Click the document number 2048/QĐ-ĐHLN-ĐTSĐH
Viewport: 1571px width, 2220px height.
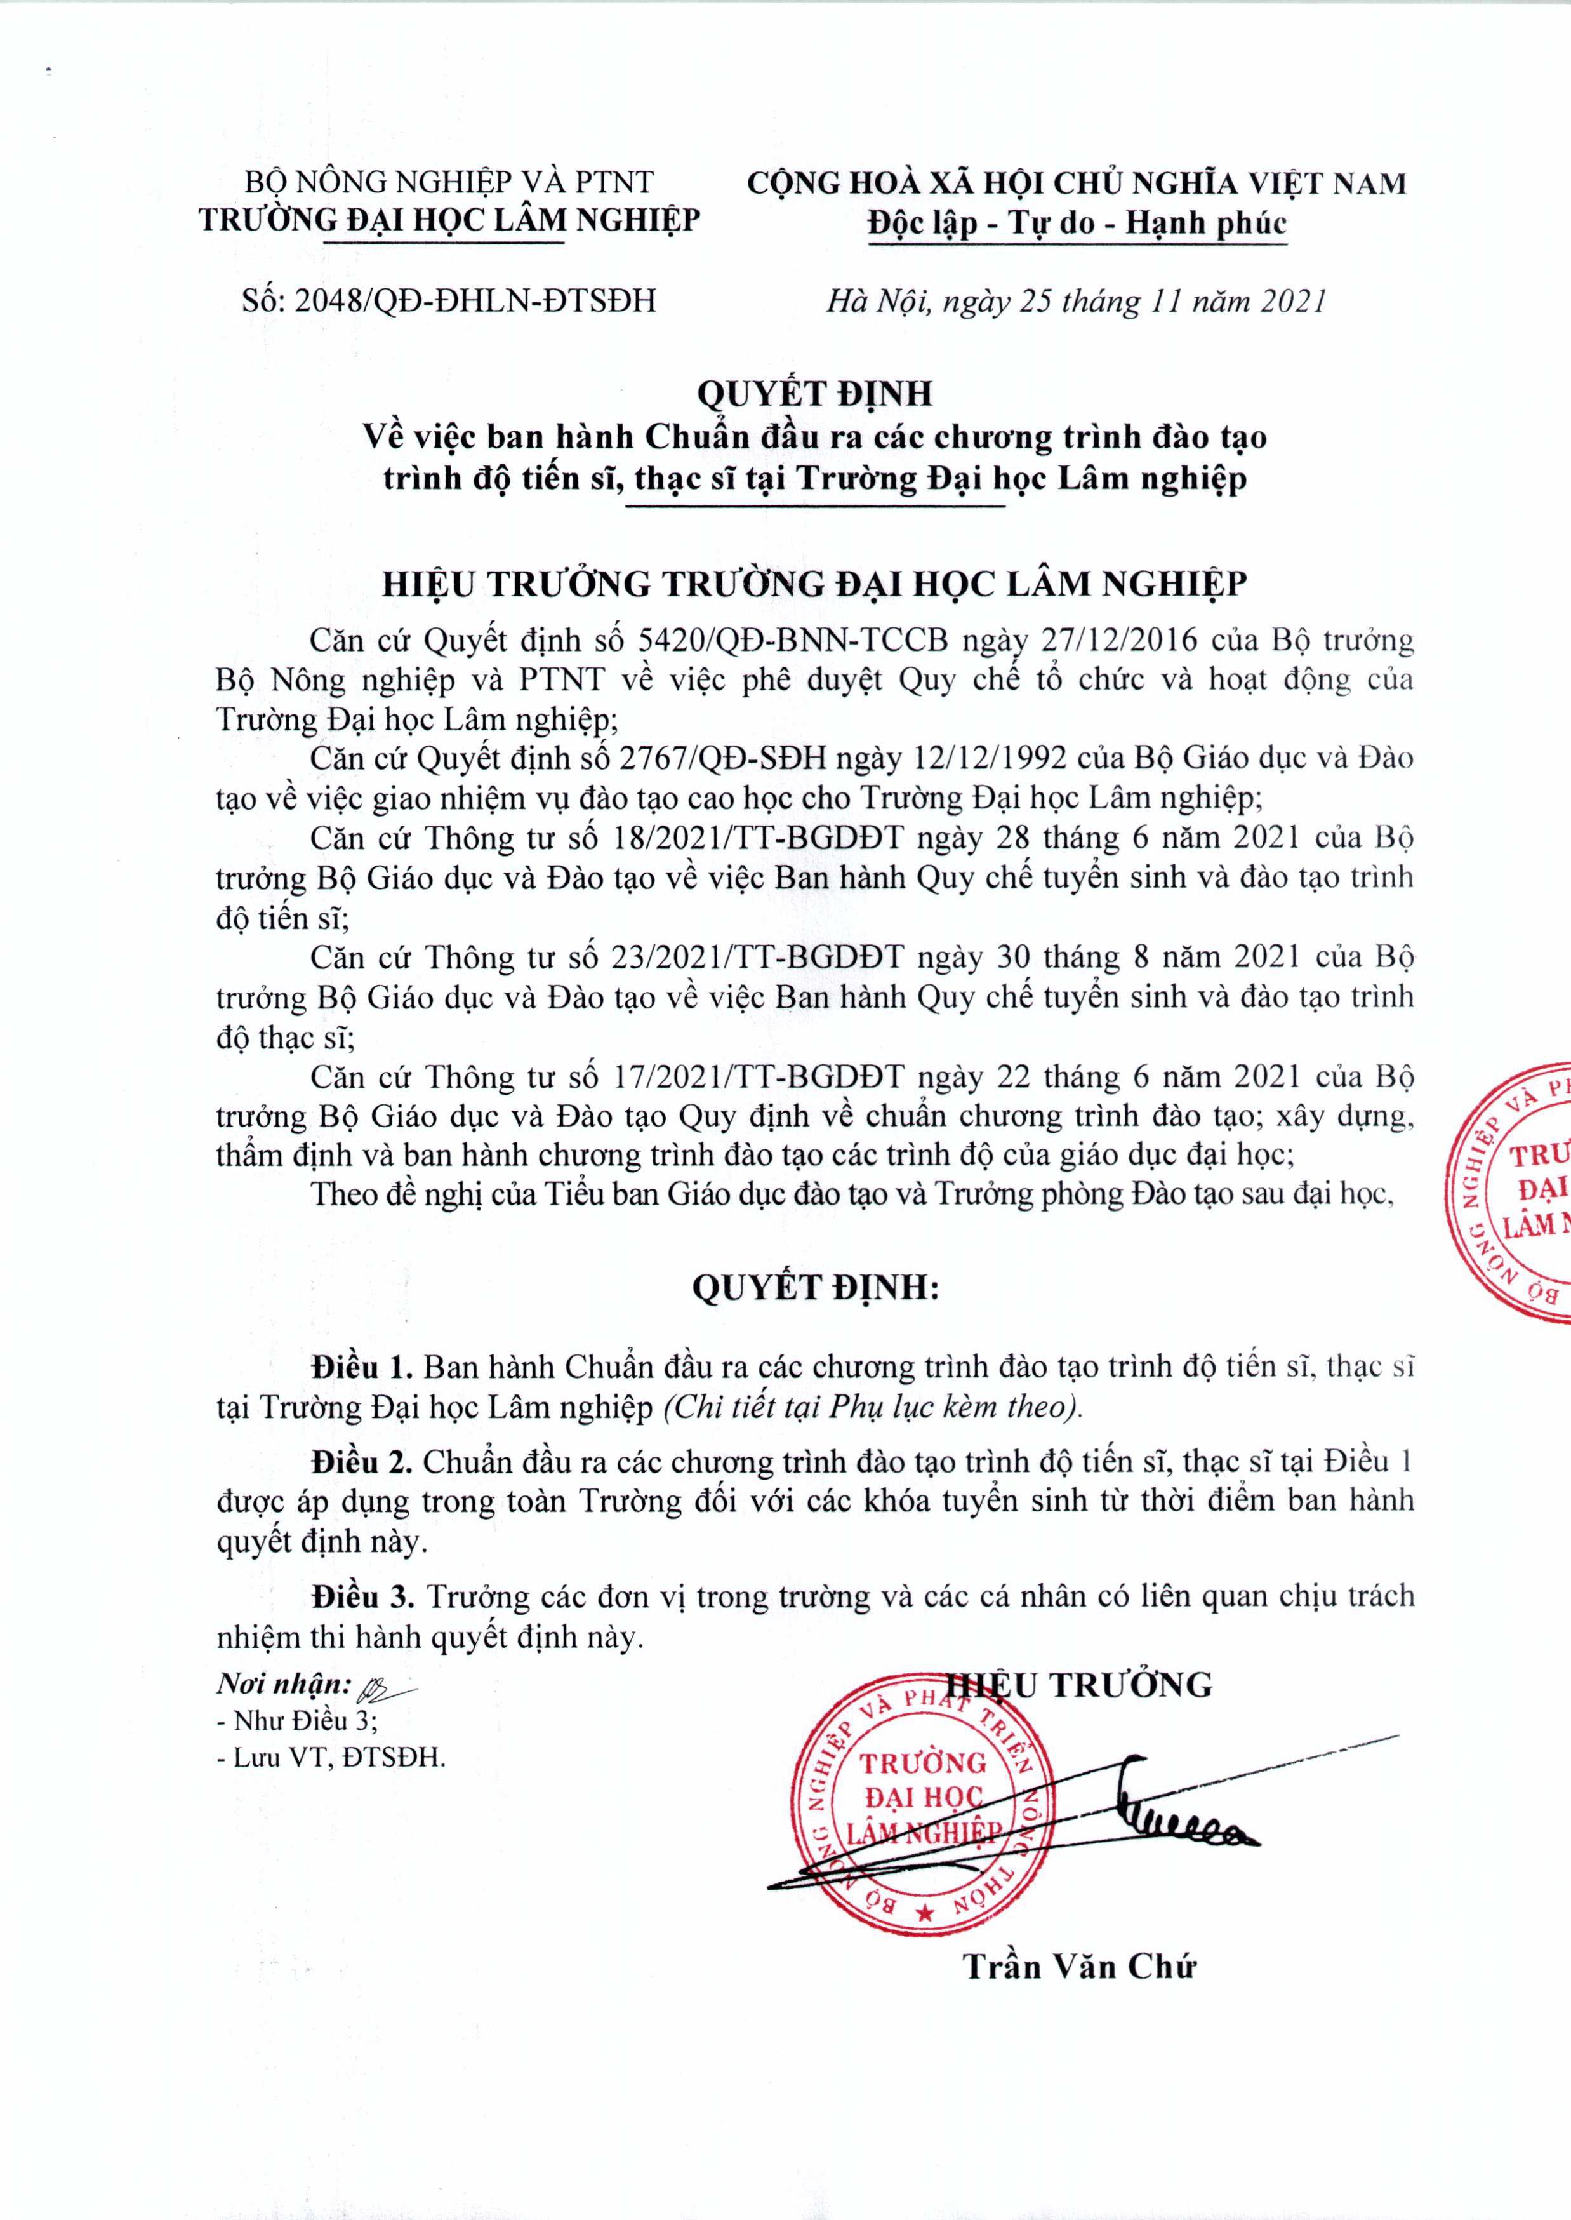coord(474,301)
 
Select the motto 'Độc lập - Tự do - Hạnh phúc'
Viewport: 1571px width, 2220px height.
coord(1077,224)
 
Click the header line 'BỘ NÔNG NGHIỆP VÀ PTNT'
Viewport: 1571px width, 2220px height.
coord(449,182)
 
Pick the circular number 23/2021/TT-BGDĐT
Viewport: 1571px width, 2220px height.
coord(759,957)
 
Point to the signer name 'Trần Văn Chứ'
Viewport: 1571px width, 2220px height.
coord(1080,1967)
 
